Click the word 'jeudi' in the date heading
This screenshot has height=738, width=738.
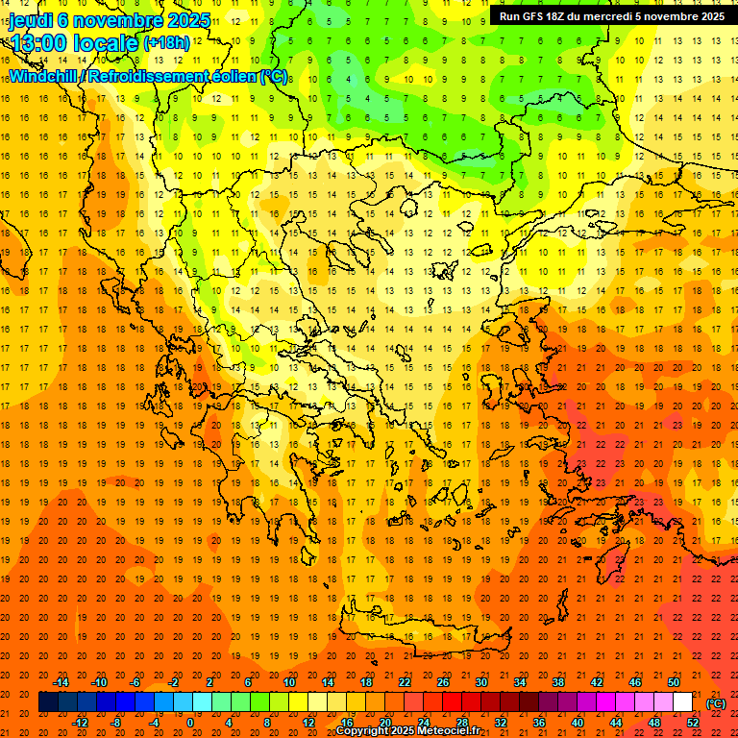(x=31, y=20)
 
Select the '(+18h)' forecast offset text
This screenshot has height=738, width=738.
(x=166, y=43)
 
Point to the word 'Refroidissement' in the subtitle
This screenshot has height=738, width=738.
(x=148, y=76)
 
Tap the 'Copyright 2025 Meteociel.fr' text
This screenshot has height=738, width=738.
(x=407, y=731)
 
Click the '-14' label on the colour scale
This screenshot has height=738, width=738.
(x=63, y=682)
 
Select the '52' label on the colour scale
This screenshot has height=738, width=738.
(x=693, y=723)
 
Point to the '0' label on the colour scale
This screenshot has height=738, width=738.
(x=189, y=723)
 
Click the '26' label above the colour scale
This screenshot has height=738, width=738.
(x=443, y=682)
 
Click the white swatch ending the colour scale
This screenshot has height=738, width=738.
(x=683, y=702)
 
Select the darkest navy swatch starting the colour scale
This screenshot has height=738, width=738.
(x=48, y=702)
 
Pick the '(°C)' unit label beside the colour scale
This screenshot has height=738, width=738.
(x=715, y=703)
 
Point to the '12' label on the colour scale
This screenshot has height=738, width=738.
(x=308, y=723)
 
